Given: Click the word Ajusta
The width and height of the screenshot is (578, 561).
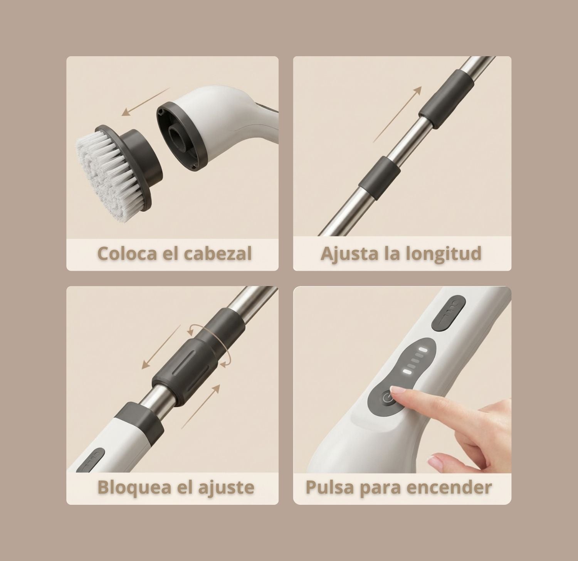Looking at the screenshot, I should (349, 254).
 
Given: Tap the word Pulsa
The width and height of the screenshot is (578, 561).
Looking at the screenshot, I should (329, 487).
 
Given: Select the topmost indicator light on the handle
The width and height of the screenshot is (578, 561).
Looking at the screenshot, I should (423, 350).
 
